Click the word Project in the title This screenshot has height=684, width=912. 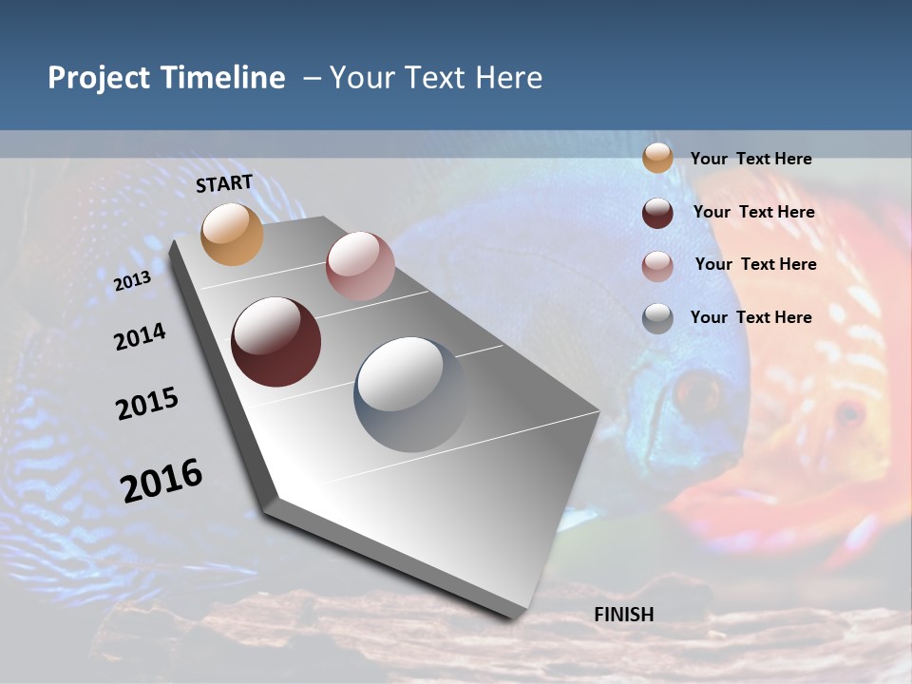click(100, 78)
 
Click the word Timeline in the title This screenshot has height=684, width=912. click(221, 78)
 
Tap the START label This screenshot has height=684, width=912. click(224, 183)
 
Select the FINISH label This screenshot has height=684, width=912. click(624, 615)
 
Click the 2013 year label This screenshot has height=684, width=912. click(132, 281)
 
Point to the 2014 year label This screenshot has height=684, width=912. click(140, 336)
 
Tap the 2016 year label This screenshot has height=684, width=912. click(161, 480)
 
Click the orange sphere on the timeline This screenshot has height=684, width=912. click(233, 234)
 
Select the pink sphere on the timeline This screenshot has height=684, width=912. click(360, 266)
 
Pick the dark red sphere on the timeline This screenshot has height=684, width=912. click(276, 342)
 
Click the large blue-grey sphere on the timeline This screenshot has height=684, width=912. click(411, 394)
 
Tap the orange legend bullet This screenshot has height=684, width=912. click(657, 159)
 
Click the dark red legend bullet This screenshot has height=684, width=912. click(657, 213)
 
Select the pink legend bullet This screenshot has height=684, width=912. click(657, 266)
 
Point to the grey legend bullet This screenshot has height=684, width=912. click(657, 318)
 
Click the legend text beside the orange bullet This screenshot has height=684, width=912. click(750, 159)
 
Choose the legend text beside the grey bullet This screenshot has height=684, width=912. click(750, 317)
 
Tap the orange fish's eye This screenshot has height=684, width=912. click(848, 413)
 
